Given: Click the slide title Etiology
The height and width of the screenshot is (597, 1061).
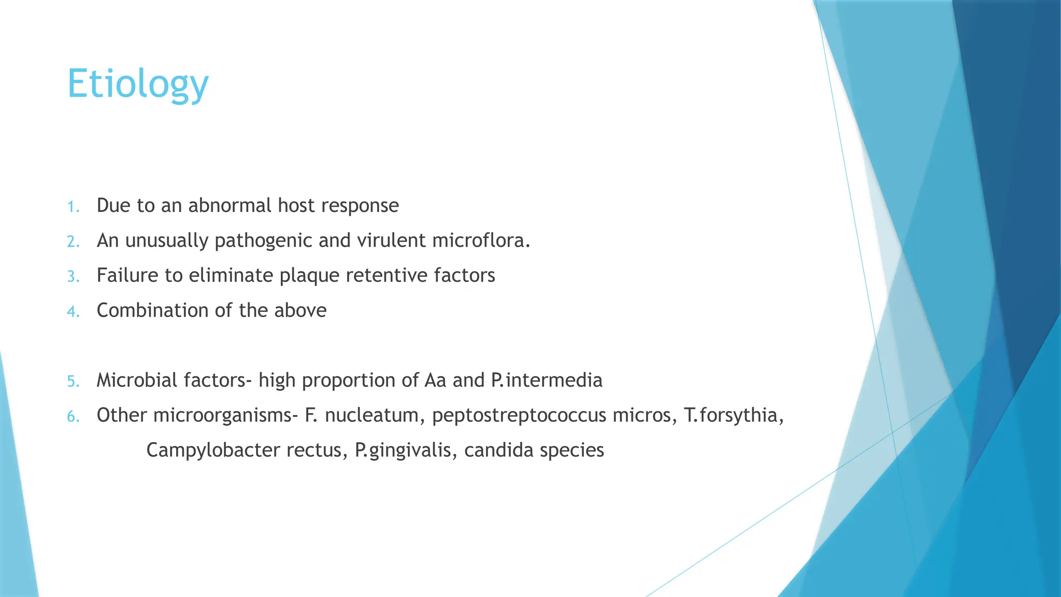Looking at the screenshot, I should pos(138,84).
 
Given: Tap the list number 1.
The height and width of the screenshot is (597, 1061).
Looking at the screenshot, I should pos(73,207).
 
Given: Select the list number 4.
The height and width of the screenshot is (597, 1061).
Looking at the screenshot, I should pos(73,311).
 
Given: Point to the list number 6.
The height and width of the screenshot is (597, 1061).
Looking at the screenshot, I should pos(73,416).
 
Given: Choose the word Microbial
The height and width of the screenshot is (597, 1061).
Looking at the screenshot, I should pos(133,380).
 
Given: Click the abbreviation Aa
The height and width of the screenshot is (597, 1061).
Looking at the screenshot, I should pos(435,380).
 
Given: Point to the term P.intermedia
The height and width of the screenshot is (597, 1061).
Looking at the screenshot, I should pos(547,380).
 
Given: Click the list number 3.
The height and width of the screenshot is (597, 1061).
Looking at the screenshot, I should pos(73,277).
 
